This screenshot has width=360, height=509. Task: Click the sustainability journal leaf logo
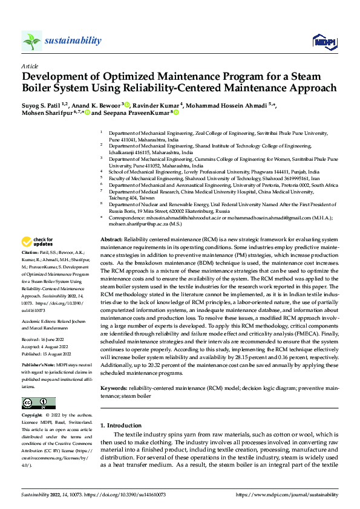pos(31,41)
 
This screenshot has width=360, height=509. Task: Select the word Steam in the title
pos(318,76)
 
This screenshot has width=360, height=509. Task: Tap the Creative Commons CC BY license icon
pos(38,403)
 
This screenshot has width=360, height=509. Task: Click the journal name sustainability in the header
pos(73,41)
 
